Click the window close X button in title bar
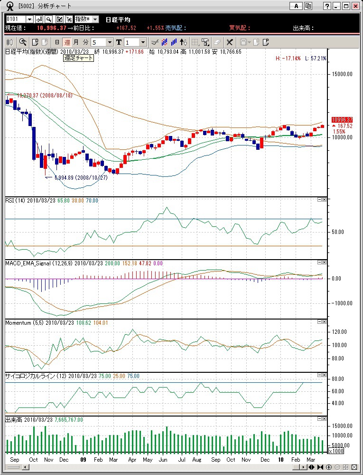pyautogui.click(x=355, y=6)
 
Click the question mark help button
pyautogui.click(x=327, y=6)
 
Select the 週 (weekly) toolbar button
pyautogui.click(x=67, y=42)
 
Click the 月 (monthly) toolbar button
pyautogui.click(x=76, y=42)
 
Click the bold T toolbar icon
pyautogui.click(x=119, y=42)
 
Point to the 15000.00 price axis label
pyautogui.click(x=343, y=74)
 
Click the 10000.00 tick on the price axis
pyautogui.click(x=343, y=138)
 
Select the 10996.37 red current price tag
pyautogui.click(x=342, y=120)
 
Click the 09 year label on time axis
pyautogui.click(x=83, y=460)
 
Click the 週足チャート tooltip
pyautogui.click(x=79, y=58)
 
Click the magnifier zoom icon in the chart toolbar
pyautogui.click(x=23, y=42)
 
